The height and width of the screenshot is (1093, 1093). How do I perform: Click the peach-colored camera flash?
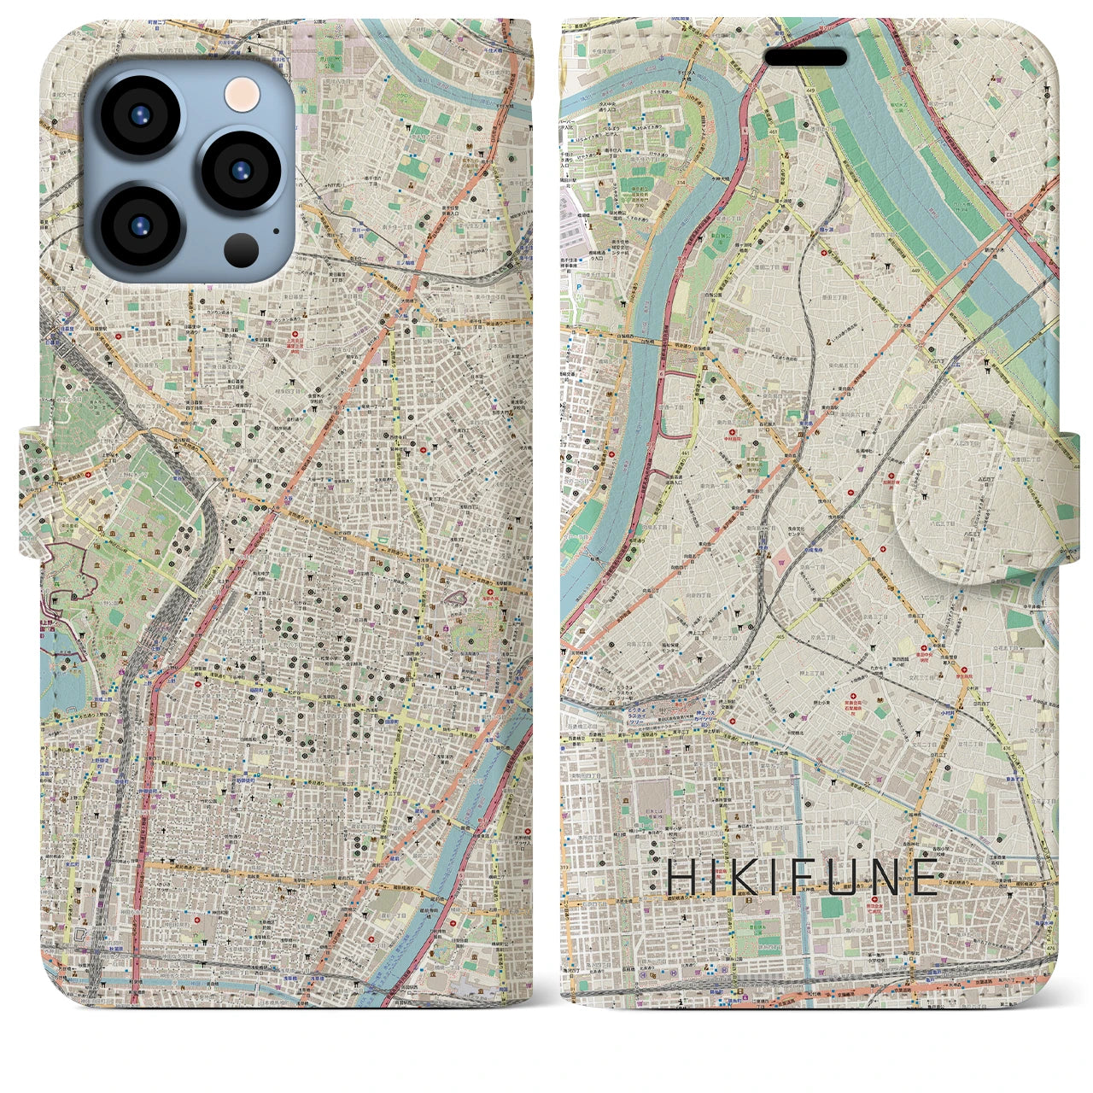(x=243, y=91)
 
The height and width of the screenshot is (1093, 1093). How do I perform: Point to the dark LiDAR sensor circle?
(x=243, y=249)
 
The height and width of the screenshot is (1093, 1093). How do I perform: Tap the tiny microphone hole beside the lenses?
(x=276, y=229)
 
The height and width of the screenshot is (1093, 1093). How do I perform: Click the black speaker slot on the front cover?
(x=805, y=57)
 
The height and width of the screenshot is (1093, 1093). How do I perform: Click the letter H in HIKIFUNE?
(x=681, y=877)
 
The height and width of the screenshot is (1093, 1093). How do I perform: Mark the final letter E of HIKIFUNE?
(x=925, y=877)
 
